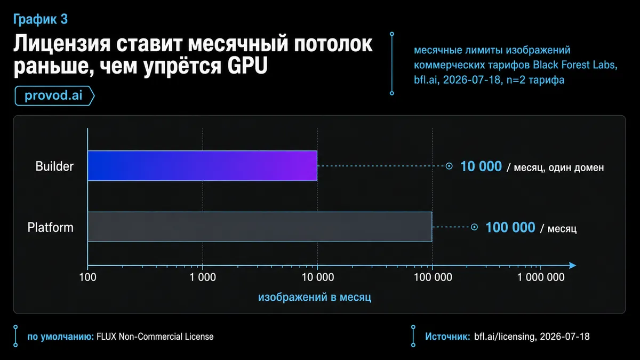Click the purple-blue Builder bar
[x=202, y=166]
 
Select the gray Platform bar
[x=260, y=227]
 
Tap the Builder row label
[x=54, y=166]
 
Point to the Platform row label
[x=50, y=227]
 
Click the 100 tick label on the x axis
[x=87, y=277]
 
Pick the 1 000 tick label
[x=203, y=277]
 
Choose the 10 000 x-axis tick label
[x=318, y=277]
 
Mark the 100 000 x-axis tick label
[x=433, y=277]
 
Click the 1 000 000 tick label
[x=541, y=277]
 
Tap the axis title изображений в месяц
[x=315, y=297]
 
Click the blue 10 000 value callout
[x=481, y=166]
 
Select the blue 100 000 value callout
[x=510, y=227]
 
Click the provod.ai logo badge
[x=54, y=95]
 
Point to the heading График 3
[x=41, y=19]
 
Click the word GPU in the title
[x=247, y=66]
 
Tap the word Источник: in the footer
[x=447, y=337]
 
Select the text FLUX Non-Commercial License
[x=155, y=337]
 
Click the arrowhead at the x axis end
[x=572, y=266]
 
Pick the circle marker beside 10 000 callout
[x=449, y=166]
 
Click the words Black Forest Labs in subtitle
[x=574, y=65]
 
